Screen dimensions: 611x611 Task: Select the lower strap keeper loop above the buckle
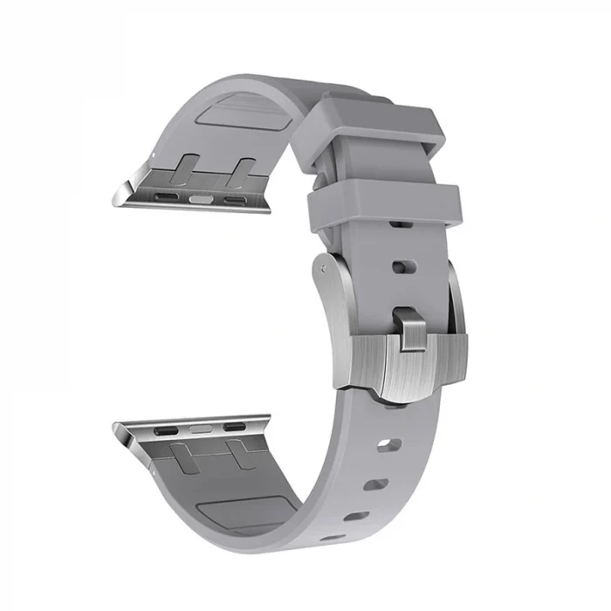(x=384, y=203)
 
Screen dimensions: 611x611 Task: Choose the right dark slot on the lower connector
(x=234, y=428)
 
